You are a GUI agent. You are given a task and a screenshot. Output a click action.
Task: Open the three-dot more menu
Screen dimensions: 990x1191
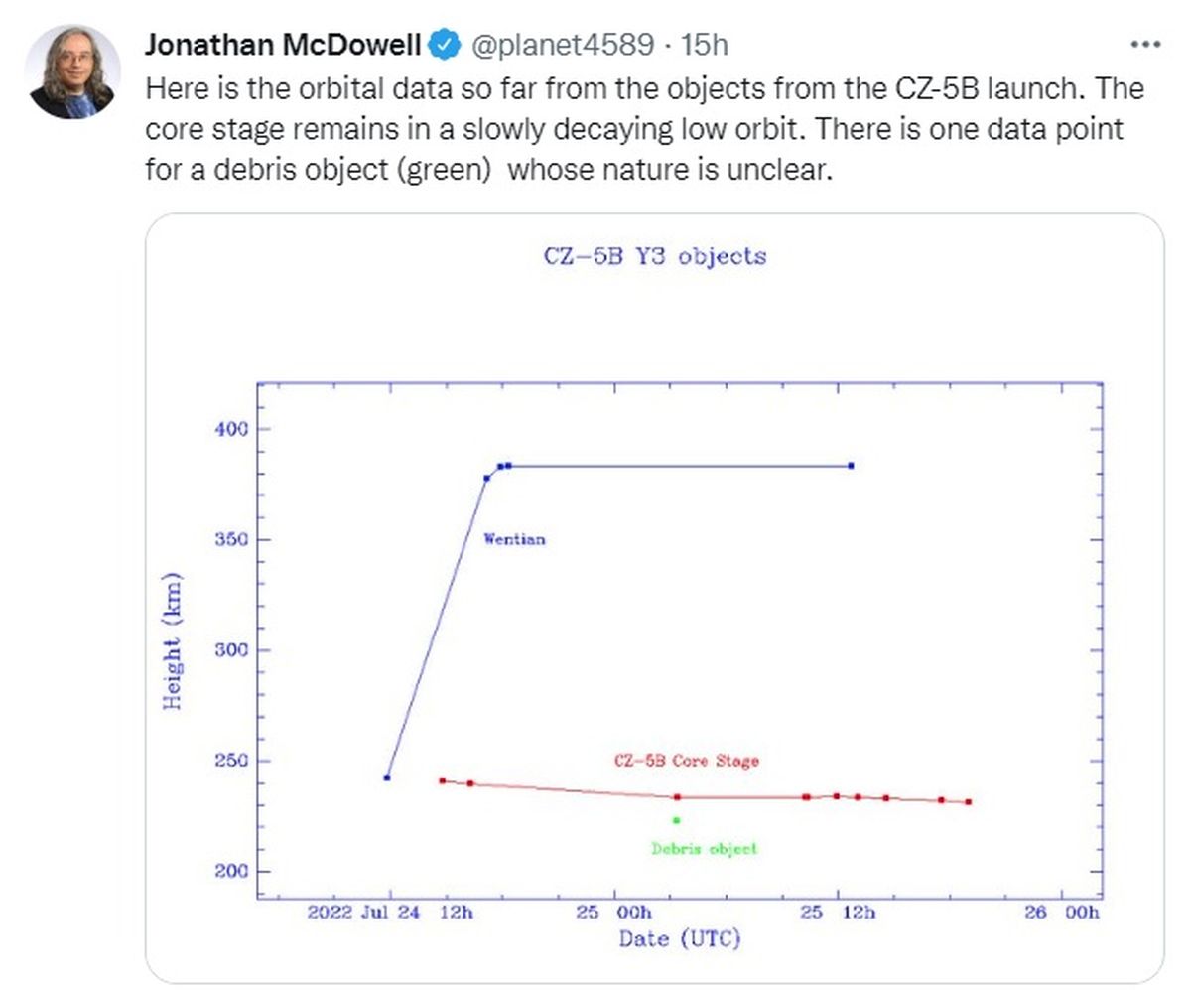coord(1145,44)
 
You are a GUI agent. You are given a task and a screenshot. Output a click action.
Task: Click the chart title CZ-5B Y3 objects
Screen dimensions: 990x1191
coord(655,256)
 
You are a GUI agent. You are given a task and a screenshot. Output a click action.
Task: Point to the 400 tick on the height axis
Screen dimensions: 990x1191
coord(230,429)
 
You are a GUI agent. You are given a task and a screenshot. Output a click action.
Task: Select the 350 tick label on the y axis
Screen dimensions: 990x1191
coord(230,540)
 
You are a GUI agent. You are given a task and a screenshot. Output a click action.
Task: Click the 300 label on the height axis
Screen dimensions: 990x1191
coord(230,650)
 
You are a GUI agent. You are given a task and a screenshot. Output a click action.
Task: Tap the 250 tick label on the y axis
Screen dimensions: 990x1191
coord(230,762)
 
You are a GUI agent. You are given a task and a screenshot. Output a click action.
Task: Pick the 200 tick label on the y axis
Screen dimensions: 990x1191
coord(230,872)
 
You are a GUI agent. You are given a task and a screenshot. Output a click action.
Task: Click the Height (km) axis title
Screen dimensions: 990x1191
coord(173,640)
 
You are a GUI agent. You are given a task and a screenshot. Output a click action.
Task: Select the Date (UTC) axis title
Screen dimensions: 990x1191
coord(680,939)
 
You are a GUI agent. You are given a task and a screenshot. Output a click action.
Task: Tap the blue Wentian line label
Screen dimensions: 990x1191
coord(514,540)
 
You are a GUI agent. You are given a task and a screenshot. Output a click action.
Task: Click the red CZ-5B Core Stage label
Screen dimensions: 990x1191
coord(687,762)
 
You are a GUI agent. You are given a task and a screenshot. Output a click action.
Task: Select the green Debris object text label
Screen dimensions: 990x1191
coord(704,849)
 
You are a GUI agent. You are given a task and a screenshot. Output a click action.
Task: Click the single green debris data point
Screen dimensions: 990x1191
coord(677,820)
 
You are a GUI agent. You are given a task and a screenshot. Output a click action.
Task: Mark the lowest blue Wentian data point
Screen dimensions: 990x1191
coord(387,778)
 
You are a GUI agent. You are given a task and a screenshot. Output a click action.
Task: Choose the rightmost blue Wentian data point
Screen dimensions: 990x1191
coord(851,466)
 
